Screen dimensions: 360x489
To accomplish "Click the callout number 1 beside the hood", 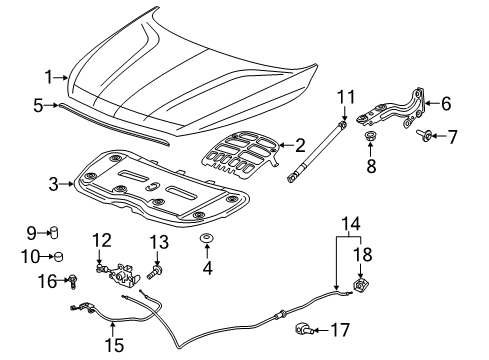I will pyautogui.click(x=47, y=76).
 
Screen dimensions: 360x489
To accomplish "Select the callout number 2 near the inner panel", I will pyautogui.click(x=300, y=146).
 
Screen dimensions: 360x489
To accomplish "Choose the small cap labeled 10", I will pyautogui.click(x=56, y=256).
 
